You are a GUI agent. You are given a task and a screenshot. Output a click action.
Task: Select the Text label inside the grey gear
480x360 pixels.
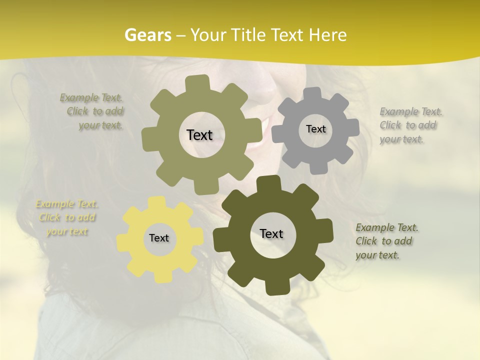(x=315, y=129)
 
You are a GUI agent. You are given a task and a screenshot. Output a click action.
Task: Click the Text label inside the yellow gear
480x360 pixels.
(x=159, y=238)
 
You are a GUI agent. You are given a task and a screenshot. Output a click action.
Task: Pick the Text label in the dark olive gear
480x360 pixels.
(x=271, y=233)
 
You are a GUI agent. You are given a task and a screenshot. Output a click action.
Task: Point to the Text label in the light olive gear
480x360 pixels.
(x=199, y=134)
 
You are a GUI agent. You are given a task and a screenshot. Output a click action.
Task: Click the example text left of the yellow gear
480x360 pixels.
(x=66, y=217)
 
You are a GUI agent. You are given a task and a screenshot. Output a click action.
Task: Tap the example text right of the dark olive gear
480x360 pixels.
(x=386, y=241)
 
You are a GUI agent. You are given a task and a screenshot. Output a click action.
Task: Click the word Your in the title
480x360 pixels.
(x=209, y=34)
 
